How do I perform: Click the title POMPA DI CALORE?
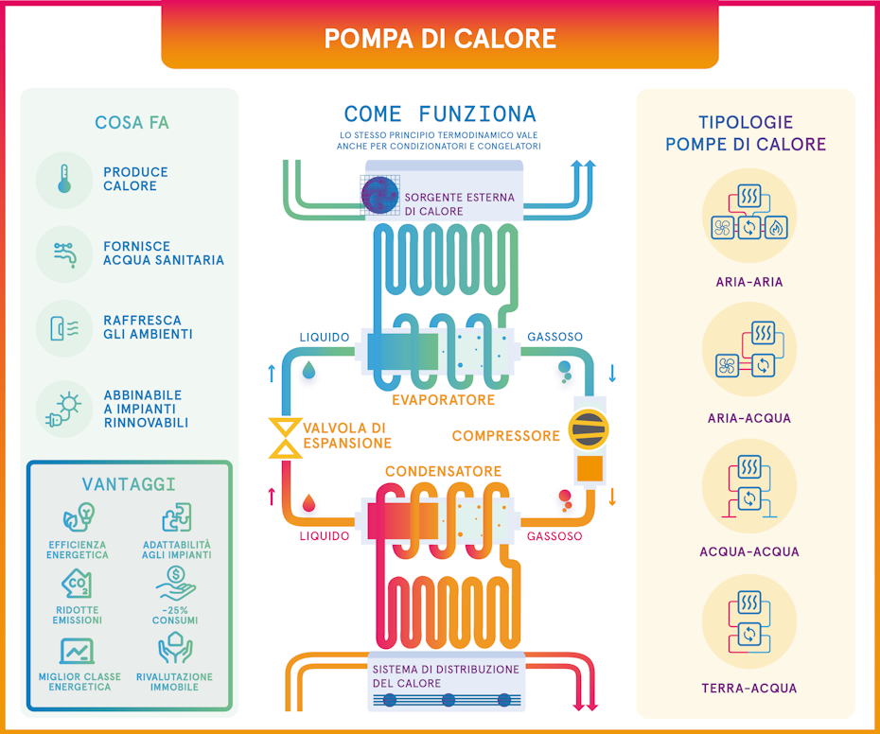(x=440, y=38)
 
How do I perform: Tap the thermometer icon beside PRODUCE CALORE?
(x=63, y=179)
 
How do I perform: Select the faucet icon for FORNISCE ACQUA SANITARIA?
(x=63, y=253)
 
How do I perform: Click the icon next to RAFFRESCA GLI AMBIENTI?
(x=63, y=327)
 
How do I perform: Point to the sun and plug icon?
(x=63, y=409)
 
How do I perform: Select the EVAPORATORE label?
(x=444, y=400)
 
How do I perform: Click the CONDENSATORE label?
(x=443, y=471)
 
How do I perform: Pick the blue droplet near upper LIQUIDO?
(x=308, y=370)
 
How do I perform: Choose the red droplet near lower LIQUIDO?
(x=308, y=503)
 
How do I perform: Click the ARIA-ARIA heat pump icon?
(x=748, y=216)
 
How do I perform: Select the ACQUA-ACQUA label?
(x=749, y=551)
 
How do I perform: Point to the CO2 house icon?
(x=78, y=587)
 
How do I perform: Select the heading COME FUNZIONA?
(x=440, y=114)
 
